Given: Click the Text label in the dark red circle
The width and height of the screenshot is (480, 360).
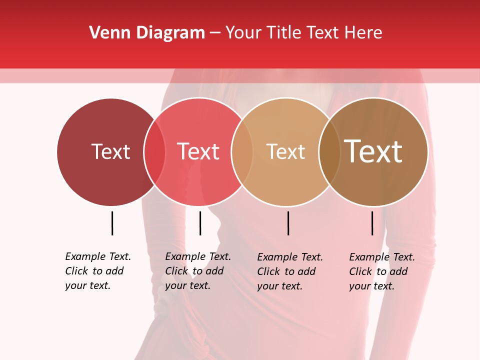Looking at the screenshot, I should tap(110, 151).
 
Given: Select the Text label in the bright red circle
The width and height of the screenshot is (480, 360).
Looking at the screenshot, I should tap(198, 151).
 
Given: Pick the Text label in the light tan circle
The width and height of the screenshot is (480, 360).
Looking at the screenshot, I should tap(285, 151).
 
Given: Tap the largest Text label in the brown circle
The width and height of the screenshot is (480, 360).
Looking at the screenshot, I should tap(373, 151).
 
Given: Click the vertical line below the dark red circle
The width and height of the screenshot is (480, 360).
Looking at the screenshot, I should tap(112, 223).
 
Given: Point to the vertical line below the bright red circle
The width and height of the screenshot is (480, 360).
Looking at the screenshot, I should tap(200, 223).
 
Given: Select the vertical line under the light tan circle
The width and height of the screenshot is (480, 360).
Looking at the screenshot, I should tap(288, 223).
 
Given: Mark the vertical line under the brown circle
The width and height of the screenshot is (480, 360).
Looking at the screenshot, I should tap(372, 223).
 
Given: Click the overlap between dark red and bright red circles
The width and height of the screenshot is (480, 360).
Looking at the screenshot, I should tap(154, 151).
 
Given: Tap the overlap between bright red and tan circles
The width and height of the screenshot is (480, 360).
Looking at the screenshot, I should tap(242, 151).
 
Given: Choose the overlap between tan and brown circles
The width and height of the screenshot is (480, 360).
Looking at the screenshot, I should tap(329, 151).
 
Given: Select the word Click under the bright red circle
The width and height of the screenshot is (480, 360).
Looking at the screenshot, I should tap(176, 271).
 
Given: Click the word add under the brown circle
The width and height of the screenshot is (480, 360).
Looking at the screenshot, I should tap(398, 271).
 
